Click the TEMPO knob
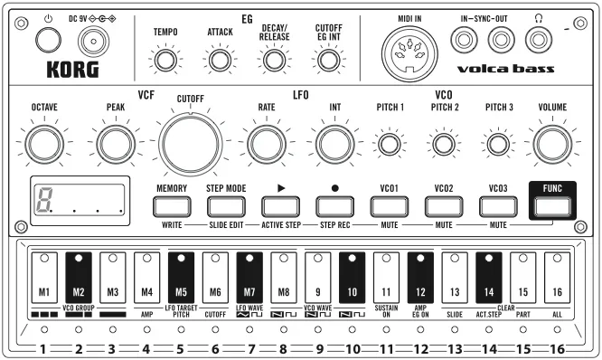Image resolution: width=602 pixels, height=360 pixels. click(x=165, y=61)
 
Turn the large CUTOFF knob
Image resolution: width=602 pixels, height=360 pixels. click(x=191, y=144)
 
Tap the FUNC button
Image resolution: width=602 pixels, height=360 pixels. click(x=552, y=207)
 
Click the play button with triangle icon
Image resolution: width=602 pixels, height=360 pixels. click(x=280, y=207)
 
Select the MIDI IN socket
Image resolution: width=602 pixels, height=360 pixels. click(x=409, y=53)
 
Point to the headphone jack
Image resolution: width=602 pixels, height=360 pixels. click(x=539, y=40)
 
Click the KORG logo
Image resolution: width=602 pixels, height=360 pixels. click(x=72, y=70)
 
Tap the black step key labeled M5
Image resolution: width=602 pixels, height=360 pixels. click(x=181, y=278)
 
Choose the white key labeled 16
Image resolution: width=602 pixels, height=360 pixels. click(x=557, y=278)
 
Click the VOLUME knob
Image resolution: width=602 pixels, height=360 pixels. click(x=552, y=144)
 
